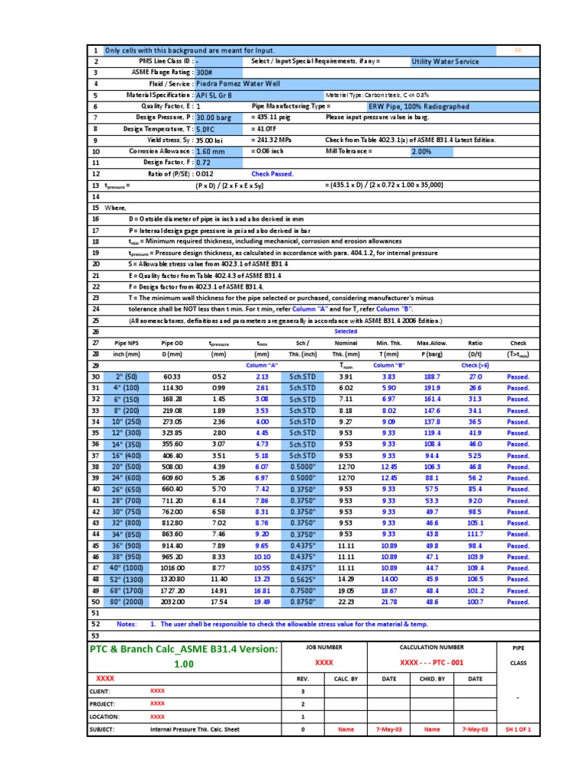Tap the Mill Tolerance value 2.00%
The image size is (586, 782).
[x=421, y=152]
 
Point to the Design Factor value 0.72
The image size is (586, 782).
[x=204, y=163]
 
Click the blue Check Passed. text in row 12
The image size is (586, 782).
[x=272, y=174]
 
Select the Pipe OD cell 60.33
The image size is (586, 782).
[x=172, y=377]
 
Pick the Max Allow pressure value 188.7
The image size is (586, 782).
[x=432, y=377]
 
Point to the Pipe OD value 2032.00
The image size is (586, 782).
[x=172, y=602]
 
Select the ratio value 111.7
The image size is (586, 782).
[x=475, y=535]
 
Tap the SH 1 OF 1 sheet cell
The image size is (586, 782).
[x=518, y=729]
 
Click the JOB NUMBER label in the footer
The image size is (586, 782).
[x=325, y=647]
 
